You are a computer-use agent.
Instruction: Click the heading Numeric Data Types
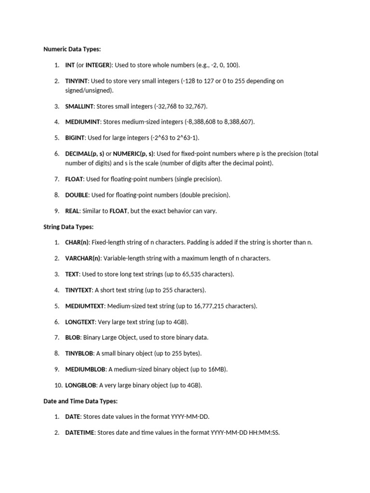pos(72,49)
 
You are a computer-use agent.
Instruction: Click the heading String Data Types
pos(68,227)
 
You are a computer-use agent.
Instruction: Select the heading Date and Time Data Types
pos(80,401)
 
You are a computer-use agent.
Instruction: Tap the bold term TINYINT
pos(77,81)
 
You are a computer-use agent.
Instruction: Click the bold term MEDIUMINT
pos(83,122)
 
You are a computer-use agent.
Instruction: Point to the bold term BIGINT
pos(75,138)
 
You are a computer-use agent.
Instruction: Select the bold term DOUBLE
pos(77,195)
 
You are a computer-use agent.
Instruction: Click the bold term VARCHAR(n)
pos(83,259)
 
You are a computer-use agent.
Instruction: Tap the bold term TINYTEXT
pos(79,290)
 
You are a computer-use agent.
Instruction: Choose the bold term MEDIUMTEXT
pos(85,306)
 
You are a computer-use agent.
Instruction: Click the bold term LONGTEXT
pos(80,322)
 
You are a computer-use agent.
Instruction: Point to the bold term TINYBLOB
pos(79,353)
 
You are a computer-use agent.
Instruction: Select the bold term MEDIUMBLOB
pos(85,369)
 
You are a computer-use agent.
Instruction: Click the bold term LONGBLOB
pos(81,385)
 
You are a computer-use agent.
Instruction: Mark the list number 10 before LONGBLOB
pos(57,385)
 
